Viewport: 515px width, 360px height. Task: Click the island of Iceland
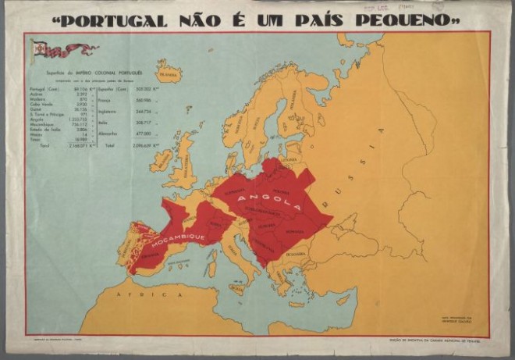(168, 73)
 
